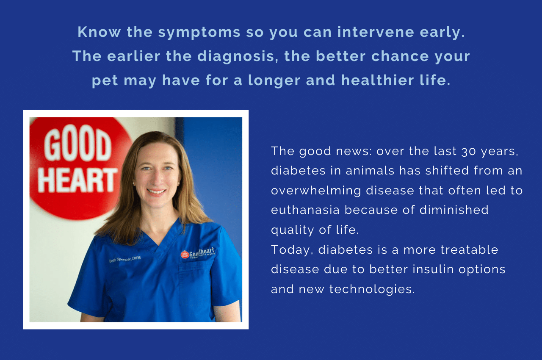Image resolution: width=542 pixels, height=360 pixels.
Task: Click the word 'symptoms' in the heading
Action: click(199, 33)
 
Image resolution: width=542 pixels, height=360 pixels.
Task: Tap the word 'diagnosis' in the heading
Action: click(238, 57)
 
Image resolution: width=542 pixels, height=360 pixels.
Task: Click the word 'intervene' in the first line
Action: click(376, 32)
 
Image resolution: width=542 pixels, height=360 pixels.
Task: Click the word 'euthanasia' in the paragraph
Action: click(305, 210)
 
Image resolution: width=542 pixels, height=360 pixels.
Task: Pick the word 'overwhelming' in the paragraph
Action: click(316, 191)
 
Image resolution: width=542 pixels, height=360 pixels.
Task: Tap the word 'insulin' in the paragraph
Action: click(433, 269)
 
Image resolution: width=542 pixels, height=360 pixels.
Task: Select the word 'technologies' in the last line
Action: click(372, 289)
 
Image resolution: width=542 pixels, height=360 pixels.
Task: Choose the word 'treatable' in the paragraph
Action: click(469, 249)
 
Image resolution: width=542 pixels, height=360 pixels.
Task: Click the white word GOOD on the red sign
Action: click(77, 143)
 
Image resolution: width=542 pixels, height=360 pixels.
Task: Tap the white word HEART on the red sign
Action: click(77, 180)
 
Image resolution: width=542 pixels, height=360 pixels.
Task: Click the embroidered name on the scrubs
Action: click(125, 259)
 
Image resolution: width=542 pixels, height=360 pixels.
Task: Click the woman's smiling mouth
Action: click(156, 192)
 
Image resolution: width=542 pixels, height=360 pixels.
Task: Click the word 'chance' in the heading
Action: click(400, 56)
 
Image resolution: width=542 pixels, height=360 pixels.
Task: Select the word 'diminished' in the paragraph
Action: click(454, 210)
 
